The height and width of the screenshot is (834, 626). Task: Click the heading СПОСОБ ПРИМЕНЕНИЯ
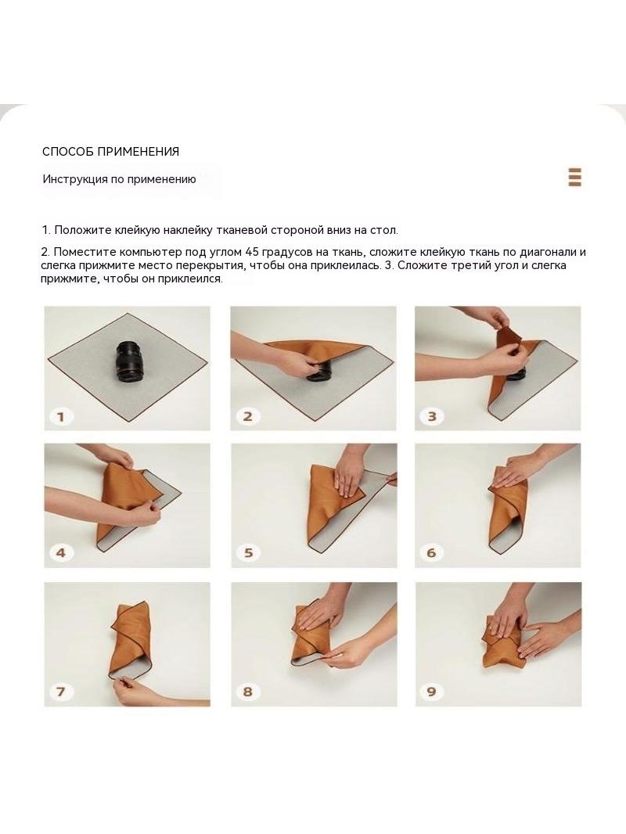pos(110,152)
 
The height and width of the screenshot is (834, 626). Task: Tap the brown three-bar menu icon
pos(574,177)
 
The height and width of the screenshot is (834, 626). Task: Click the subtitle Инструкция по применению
pos(119,179)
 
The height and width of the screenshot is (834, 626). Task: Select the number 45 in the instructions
pos(252,252)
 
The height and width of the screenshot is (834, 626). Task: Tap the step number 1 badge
pos(61,417)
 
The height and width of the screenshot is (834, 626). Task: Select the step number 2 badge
pos(248,417)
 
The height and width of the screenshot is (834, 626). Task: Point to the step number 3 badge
pos(433,417)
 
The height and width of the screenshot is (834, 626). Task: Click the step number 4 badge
pos(61,554)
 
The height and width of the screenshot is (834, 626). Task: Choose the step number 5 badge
pos(248,554)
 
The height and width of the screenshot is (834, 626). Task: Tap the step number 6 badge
pos(431,554)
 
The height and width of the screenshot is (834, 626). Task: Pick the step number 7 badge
pos(61,692)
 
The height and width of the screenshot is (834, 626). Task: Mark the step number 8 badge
pos(248,692)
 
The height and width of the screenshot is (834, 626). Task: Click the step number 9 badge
pos(431,692)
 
